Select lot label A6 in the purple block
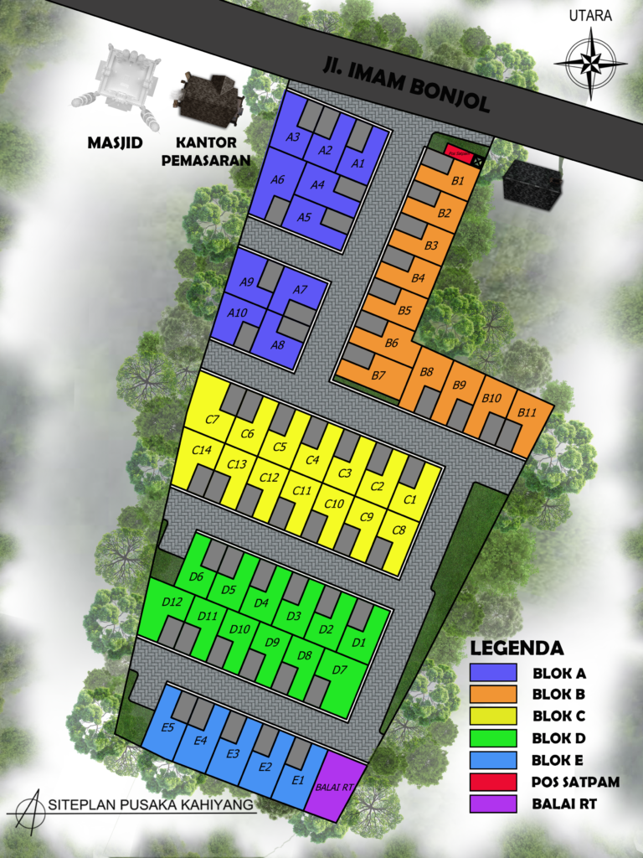(278, 179)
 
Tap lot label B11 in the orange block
(526, 413)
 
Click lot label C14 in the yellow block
(201, 450)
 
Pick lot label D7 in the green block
(339, 669)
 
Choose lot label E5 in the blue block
(167, 726)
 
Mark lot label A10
(237, 313)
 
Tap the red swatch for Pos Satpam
(496, 782)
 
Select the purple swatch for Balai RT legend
(496, 804)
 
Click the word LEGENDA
(516, 648)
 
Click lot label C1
(409, 500)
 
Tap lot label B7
(378, 375)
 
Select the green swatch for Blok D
(496, 738)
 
